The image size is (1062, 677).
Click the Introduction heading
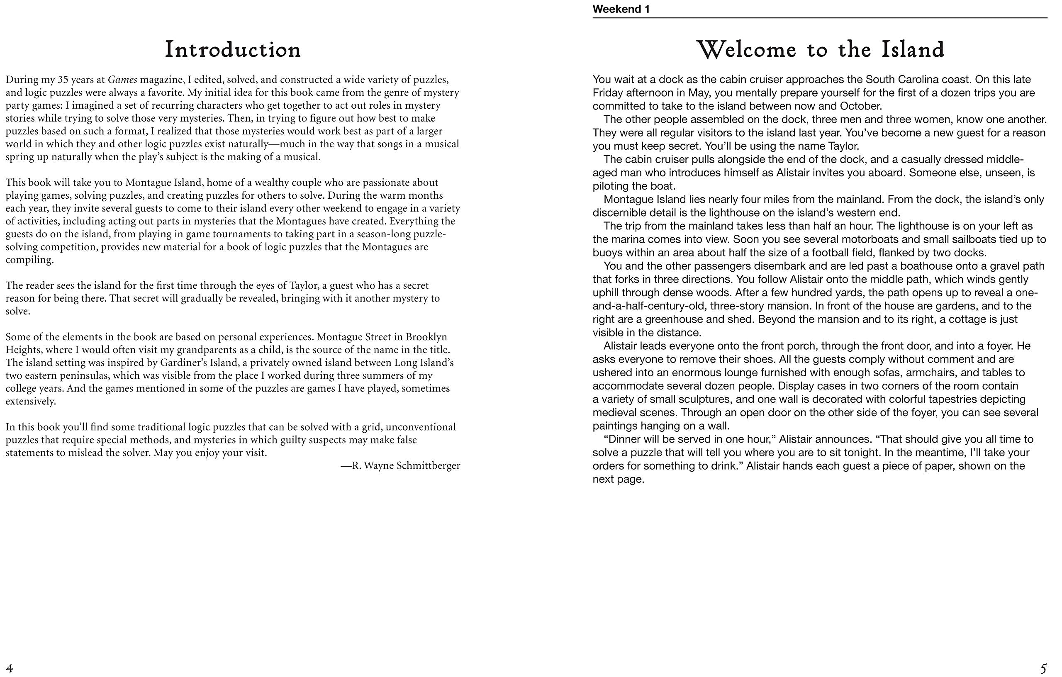(233, 49)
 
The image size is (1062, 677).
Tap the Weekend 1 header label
(621, 9)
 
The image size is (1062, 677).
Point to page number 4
(10, 668)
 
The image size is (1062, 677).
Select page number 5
(1043, 668)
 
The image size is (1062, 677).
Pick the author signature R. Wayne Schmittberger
(400, 466)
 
